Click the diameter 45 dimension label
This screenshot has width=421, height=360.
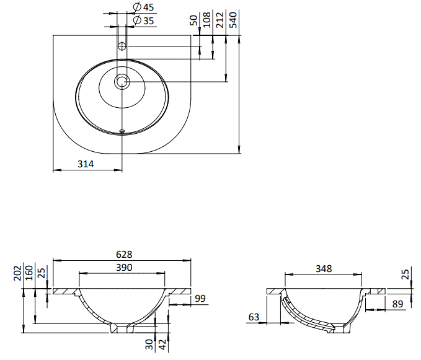point(144,7)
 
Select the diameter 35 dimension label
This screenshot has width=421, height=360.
point(144,20)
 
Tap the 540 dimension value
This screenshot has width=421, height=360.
point(233,20)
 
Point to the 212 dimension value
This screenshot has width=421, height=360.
point(219,20)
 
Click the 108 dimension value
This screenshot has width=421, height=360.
point(206,20)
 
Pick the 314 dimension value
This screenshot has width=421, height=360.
point(86,164)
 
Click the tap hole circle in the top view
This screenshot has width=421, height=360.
point(122,46)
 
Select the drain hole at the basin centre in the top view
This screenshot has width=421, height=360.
point(122,81)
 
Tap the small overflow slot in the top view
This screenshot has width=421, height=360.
point(122,131)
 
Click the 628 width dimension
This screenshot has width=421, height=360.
point(124,254)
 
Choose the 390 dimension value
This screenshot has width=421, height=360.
point(124,268)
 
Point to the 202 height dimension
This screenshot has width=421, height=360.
point(17,273)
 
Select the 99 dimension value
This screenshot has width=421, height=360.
point(200,298)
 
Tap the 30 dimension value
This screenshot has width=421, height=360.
point(149,345)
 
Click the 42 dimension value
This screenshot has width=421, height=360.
point(163,345)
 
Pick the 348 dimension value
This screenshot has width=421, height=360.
point(324,268)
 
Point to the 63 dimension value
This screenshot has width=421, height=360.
point(254,317)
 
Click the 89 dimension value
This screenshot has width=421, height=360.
point(397,304)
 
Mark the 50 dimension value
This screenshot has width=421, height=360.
point(193,20)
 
